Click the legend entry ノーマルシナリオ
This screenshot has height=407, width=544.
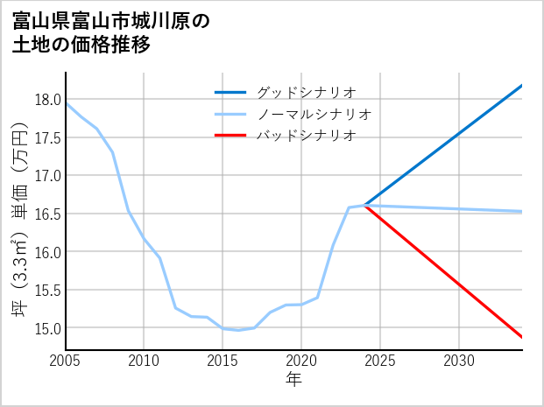314,114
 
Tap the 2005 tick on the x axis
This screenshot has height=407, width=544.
66,361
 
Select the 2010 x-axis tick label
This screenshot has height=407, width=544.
145,361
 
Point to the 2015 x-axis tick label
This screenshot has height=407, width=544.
223,361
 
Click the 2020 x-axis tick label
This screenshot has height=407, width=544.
301,361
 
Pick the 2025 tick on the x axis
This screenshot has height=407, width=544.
380,361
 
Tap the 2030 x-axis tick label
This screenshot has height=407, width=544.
459,361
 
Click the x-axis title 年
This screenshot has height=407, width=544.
293,380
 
